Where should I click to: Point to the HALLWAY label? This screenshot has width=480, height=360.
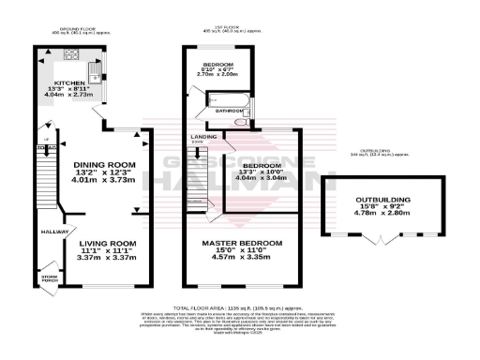52,232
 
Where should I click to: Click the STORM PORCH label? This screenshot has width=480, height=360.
48,278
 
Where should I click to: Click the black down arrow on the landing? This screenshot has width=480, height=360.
197,151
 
